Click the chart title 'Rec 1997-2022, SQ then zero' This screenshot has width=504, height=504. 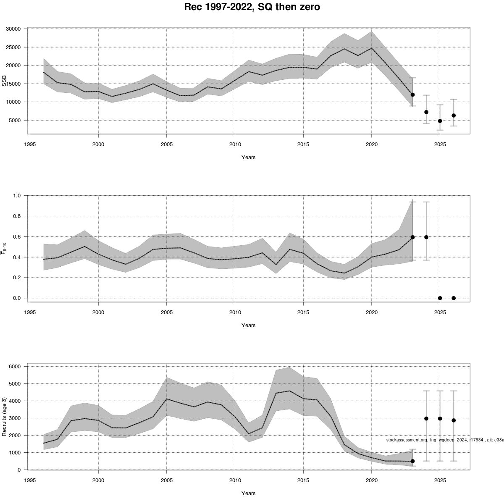[252, 7]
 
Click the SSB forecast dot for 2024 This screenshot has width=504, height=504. [426, 112]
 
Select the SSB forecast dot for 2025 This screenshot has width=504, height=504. [440, 121]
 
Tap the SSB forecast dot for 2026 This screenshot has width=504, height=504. [454, 115]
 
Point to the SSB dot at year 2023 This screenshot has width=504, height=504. [412, 94]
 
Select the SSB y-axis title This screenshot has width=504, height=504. [5, 81]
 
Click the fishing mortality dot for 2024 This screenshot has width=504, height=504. [426, 237]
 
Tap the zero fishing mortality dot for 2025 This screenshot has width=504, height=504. [440, 298]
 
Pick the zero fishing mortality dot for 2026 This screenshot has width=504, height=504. [454, 298]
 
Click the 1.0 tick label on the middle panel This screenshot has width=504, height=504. [17, 196]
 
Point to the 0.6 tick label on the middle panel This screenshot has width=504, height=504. [17, 237]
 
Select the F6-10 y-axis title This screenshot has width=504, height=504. [5, 249]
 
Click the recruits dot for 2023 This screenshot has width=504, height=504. [412, 461]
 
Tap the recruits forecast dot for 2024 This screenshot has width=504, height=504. [426, 418]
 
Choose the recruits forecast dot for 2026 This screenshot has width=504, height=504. [454, 420]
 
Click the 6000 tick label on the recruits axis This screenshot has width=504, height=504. [15, 367]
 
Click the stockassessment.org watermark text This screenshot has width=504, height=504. [445, 440]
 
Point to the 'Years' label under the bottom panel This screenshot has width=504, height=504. [248, 493]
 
